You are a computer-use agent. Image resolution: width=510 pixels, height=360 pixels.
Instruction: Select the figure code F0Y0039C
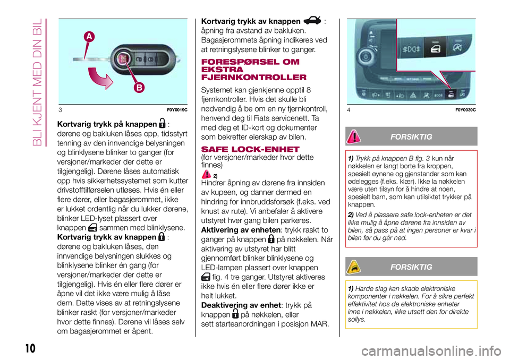[465, 109]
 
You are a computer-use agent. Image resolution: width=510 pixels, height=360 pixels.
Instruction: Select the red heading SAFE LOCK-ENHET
[245, 148]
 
